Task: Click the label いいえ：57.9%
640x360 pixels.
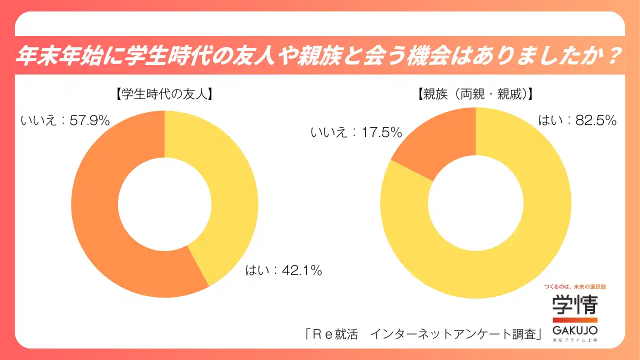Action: coord(65,120)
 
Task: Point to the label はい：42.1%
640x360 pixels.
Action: coord(283,271)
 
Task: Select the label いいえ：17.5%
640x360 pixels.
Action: coord(356,132)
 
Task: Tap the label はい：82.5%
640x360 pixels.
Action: coord(577,120)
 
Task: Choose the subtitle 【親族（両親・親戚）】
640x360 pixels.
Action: coord(475,93)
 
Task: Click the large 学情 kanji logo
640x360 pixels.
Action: coord(574,304)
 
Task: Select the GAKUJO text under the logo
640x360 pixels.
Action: coord(574,330)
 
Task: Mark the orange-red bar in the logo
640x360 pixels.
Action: coord(574,319)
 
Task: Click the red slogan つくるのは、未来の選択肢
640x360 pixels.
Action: coord(574,287)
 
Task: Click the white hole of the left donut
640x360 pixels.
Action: coord(164,203)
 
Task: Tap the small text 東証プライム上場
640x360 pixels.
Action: coord(574,340)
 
